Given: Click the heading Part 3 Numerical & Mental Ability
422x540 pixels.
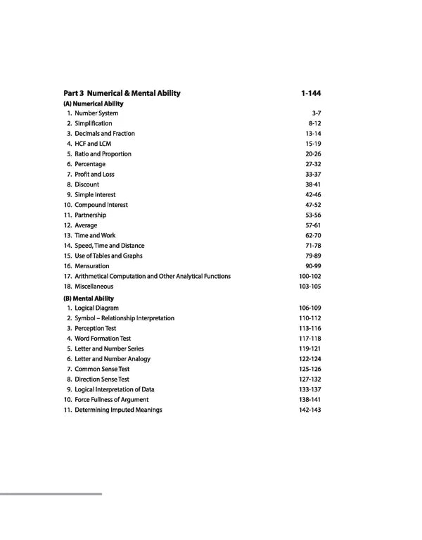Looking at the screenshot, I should (122, 93).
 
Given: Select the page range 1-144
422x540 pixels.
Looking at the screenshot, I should (310, 93).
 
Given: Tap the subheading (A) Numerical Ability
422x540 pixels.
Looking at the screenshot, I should (93, 103).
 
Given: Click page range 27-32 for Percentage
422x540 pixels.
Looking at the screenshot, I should (313, 164).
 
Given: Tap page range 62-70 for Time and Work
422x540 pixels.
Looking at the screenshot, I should (313, 236).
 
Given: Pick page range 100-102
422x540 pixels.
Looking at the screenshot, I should (310, 277).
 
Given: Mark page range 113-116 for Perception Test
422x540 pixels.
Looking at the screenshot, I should (310, 329).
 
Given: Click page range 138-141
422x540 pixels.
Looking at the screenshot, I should (310, 400).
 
